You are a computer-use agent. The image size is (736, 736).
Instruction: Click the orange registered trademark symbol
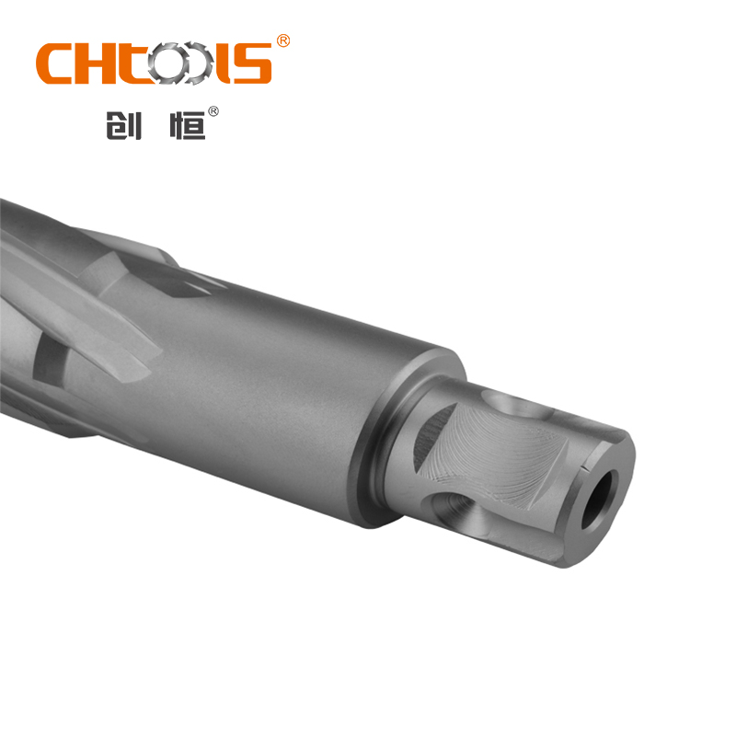pos(283,41)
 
